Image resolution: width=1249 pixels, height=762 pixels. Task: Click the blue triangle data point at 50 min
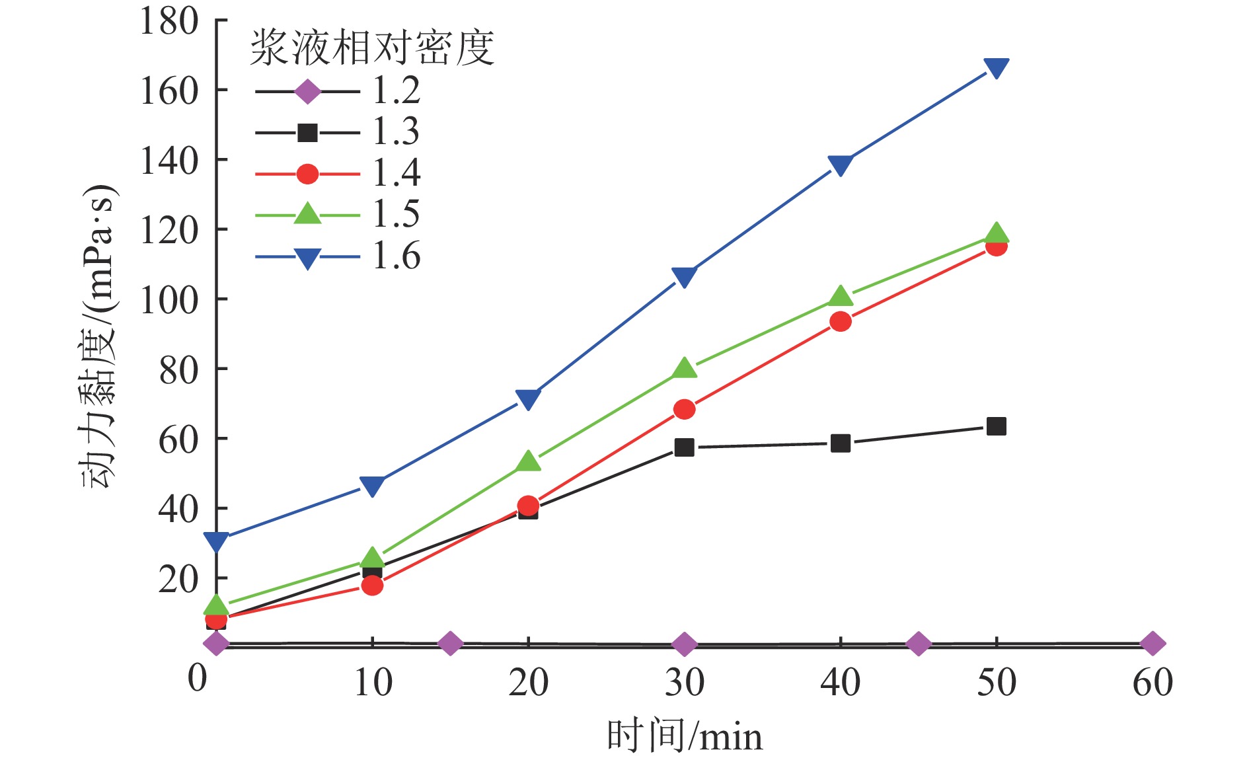[996, 67]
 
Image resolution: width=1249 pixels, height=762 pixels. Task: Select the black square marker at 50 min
[996, 426]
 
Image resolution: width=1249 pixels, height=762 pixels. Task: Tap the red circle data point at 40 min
[840, 322]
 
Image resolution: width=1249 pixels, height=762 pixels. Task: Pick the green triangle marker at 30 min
[684, 367]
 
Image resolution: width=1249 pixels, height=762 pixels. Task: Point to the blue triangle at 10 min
[372, 486]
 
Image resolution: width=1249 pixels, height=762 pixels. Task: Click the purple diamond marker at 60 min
[1152, 643]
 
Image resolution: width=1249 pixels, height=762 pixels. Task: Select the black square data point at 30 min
[684, 447]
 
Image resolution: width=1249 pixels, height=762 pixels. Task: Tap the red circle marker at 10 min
[372, 585]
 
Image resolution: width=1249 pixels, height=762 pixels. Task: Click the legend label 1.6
[396, 256]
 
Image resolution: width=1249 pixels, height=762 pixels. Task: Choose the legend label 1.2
[396, 91]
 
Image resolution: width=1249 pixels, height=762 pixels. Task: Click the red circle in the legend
[307, 174]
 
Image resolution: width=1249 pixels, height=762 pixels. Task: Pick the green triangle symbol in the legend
[307, 213]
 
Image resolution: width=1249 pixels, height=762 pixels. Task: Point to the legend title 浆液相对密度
[372, 48]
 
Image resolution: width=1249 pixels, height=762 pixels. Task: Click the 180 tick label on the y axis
[169, 21]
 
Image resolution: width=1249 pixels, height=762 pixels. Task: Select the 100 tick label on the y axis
[169, 300]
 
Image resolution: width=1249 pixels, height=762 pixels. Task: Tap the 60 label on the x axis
[1152, 683]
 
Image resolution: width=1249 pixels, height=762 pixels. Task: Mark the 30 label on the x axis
[684, 683]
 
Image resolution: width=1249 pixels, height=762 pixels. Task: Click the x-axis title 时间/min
[684, 736]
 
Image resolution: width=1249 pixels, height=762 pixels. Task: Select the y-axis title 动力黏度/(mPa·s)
[99, 337]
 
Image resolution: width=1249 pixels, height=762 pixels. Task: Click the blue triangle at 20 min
[528, 399]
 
